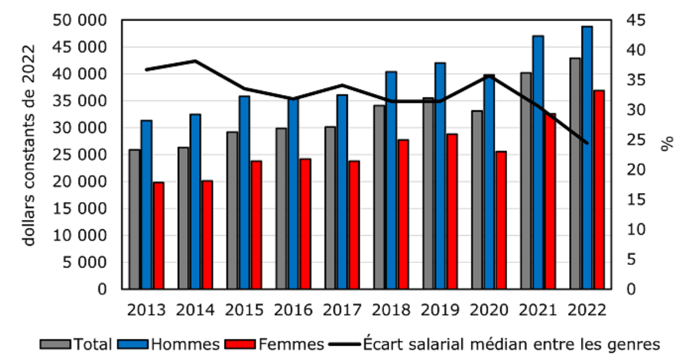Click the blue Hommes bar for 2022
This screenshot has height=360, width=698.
587,158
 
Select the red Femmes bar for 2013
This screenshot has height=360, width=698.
159,236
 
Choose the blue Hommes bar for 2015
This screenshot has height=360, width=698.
245,192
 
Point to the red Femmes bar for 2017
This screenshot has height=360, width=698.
354,225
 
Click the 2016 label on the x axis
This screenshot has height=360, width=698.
293,309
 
